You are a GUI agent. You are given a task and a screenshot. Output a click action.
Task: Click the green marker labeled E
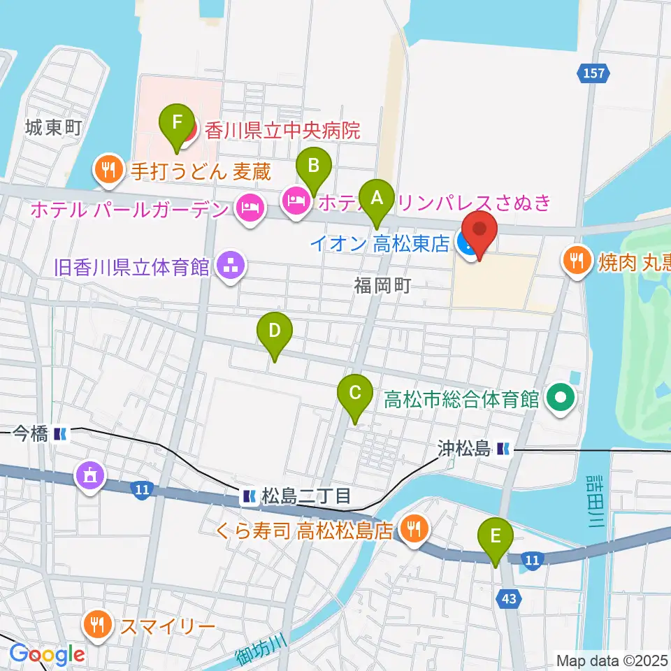[496, 537]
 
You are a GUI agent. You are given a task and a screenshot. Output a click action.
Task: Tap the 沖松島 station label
[464, 447]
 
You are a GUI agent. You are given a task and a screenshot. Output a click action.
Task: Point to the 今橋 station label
[30, 434]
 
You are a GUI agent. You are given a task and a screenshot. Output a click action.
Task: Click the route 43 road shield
[509, 596]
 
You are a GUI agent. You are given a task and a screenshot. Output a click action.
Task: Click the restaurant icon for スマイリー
[96, 623]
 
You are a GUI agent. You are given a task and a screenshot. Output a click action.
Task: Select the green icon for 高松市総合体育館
[561, 399]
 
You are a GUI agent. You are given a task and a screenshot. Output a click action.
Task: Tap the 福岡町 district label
[381, 285]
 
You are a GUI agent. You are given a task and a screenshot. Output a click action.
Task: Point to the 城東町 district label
[54, 127]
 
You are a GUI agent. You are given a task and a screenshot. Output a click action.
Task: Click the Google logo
[48, 655]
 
